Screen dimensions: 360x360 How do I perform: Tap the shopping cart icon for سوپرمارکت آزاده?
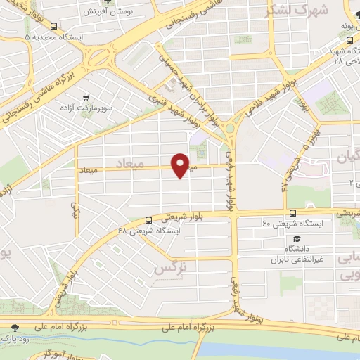pyautogui.click(x=86, y=98)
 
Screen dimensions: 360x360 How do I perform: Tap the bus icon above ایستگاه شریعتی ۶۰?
pyautogui.click(x=292, y=213)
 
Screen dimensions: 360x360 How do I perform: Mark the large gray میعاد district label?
pyautogui.click(x=129, y=163)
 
